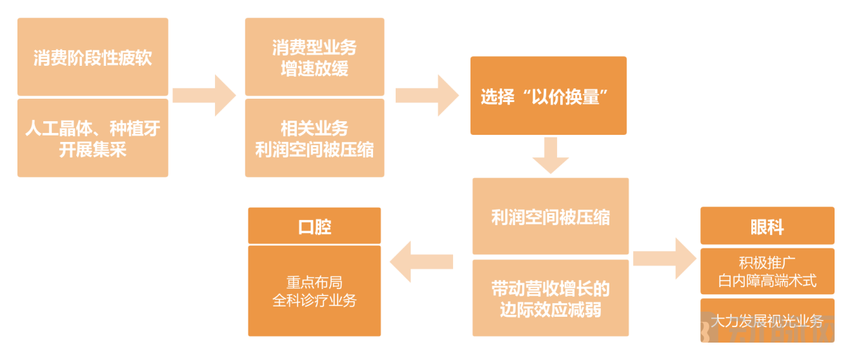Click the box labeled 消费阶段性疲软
click(x=92, y=57)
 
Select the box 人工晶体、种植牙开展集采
click(x=92, y=138)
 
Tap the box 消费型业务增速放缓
click(x=314, y=57)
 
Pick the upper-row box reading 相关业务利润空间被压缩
click(x=314, y=138)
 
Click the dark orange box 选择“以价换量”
click(x=548, y=96)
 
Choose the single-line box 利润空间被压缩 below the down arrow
click(x=551, y=217)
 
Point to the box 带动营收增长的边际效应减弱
click(x=551, y=298)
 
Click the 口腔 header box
click(x=314, y=226)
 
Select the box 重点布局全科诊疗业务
click(x=314, y=292)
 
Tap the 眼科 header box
click(x=767, y=226)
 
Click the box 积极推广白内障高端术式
click(x=767, y=272)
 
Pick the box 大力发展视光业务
click(x=767, y=320)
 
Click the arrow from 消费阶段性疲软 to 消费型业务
click(x=205, y=95)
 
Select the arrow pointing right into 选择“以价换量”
click(x=427, y=95)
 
